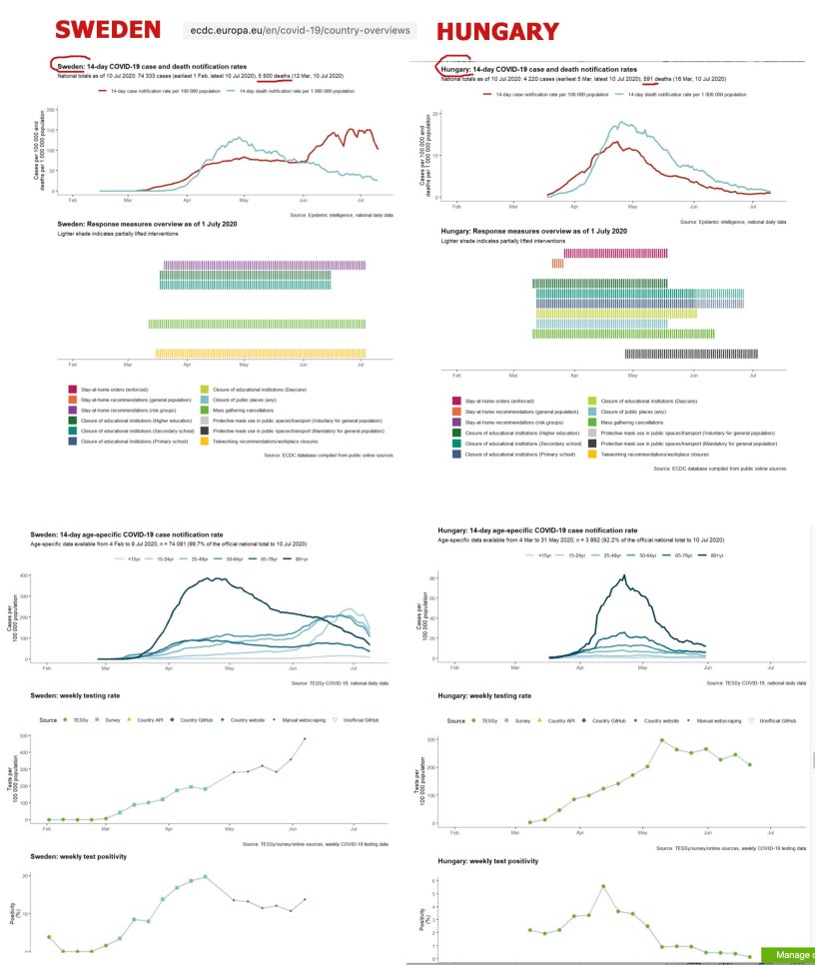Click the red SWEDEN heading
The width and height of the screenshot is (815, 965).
[107, 30]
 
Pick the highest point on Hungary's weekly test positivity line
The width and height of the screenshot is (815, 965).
[603, 886]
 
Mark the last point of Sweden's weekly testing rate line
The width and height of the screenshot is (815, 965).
[305, 739]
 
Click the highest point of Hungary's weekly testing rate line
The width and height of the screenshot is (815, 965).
[661, 740]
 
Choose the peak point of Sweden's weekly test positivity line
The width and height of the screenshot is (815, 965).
[205, 877]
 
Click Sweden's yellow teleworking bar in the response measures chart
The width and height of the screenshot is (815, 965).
[261, 353]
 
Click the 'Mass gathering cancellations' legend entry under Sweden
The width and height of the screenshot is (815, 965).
[260, 410]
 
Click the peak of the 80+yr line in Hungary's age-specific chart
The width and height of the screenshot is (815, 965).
[624, 575]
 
